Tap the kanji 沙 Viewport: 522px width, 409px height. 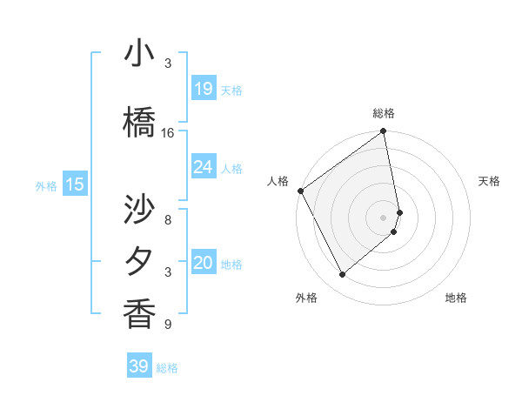pyautogui.click(x=139, y=210)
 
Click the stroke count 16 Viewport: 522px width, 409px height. pyautogui.click(x=168, y=133)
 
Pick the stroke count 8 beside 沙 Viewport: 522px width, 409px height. pyautogui.click(x=168, y=210)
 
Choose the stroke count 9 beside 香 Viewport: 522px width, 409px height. pyautogui.click(x=168, y=325)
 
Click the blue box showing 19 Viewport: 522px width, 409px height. pyautogui.click(x=204, y=89)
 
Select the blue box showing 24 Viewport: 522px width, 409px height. pyautogui.click(x=204, y=167)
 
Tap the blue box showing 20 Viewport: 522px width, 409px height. pyautogui.click(x=204, y=264)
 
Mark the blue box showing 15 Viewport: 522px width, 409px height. pyautogui.click(x=75, y=184)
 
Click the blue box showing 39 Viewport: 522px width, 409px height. pyautogui.click(x=139, y=366)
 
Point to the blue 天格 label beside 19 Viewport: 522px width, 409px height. pyautogui.click(x=231, y=91)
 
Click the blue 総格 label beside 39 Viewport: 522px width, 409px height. pyautogui.click(x=167, y=368)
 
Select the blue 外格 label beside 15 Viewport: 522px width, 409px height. pyautogui.click(x=46, y=185)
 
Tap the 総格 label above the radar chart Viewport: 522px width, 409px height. pyautogui.click(x=384, y=113)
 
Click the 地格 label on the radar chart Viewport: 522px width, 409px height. pyautogui.click(x=456, y=298)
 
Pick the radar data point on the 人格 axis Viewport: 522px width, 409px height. pyautogui.click(x=300, y=191)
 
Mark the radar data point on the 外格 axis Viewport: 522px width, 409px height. pyautogui.click(x=342, y=274)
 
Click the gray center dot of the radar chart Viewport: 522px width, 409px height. pyautogui.click(x=384, y=217)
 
